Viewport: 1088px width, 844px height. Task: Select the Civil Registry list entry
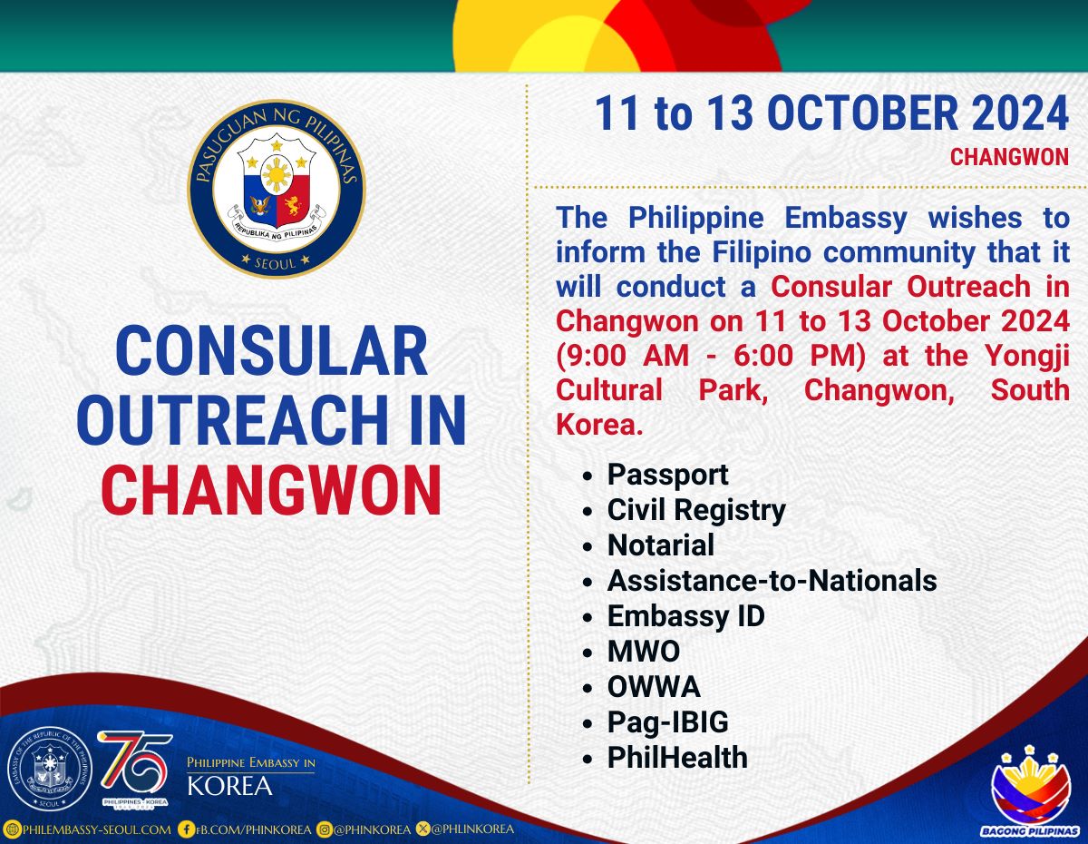coord(696,510)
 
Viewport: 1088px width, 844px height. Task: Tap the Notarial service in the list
coord(660,545)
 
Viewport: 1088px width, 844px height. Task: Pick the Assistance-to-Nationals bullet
coord(772,581)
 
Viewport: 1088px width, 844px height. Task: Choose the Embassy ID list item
coord(686,616)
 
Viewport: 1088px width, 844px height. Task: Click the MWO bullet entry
coord(644,652)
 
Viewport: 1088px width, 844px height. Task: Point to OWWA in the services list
coord(654,687)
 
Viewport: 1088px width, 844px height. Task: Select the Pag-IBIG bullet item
coord(668,722)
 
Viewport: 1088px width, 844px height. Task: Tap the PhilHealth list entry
coord(677,757)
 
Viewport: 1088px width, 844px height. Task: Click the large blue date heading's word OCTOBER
coord(862,113)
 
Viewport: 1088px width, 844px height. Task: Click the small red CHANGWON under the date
coord(1009,157)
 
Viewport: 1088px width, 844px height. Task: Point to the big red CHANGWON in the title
coord(271,490)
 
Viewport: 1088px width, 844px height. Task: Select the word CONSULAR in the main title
coord(272,351)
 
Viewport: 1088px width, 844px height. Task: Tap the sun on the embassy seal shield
coord(277,174)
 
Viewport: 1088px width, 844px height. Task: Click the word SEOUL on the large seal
coord(276,262)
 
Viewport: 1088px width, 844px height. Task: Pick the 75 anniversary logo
coord(135,770)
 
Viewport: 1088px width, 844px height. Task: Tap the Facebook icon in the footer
coord(186,829)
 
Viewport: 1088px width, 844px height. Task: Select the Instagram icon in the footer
coord(325,829)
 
